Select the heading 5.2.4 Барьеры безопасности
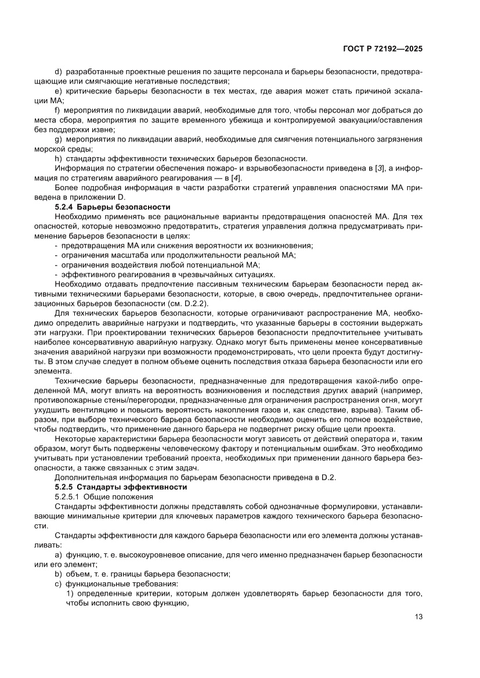[112, 207]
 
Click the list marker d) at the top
[58, 71]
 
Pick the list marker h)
[58, 158]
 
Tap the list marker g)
[58, 139]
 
